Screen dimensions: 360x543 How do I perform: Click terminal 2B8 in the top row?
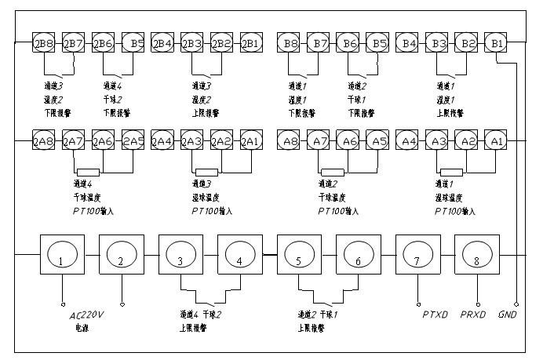42,42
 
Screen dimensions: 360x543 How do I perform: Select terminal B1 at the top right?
497,42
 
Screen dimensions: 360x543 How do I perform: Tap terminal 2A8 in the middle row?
42,141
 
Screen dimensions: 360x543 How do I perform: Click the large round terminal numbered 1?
62,255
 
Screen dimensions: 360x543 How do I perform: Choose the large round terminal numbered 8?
476,255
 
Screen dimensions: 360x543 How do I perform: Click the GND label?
508,314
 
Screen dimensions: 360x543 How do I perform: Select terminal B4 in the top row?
408,42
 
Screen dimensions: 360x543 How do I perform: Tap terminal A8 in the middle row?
290,141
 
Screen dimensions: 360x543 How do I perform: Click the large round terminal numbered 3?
180,255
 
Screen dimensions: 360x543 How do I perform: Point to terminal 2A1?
251,141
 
